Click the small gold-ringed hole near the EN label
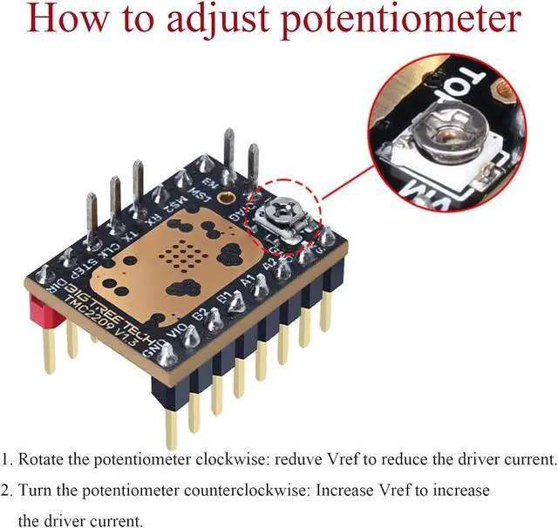(x=228, y=200)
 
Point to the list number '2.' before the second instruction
(x=8, y=491)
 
